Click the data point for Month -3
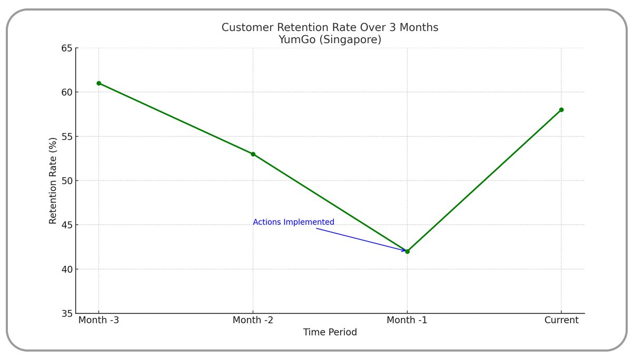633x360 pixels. (98, 83)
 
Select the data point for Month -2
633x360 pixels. (253, 154)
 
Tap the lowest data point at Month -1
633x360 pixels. (407, 252)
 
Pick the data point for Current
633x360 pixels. (561, 110)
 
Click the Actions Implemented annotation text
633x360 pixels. (293, 222)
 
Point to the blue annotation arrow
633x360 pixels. (361, 239)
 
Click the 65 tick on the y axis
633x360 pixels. (67, 48)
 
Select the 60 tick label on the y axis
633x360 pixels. (67, 92)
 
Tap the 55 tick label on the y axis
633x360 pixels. (67, 136)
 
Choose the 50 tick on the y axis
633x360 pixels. (67, 181)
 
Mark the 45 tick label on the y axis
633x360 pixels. (67, 225)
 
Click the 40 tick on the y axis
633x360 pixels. (67, 269)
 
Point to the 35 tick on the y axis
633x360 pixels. (67, 314)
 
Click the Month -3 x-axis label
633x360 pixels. (98, 320)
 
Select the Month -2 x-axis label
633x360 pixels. (253, 320)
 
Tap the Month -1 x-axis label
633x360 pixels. (407, 320)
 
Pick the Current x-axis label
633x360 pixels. (561, 320)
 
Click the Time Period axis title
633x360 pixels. (330, 333)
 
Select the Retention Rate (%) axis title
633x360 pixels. (53, 181)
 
